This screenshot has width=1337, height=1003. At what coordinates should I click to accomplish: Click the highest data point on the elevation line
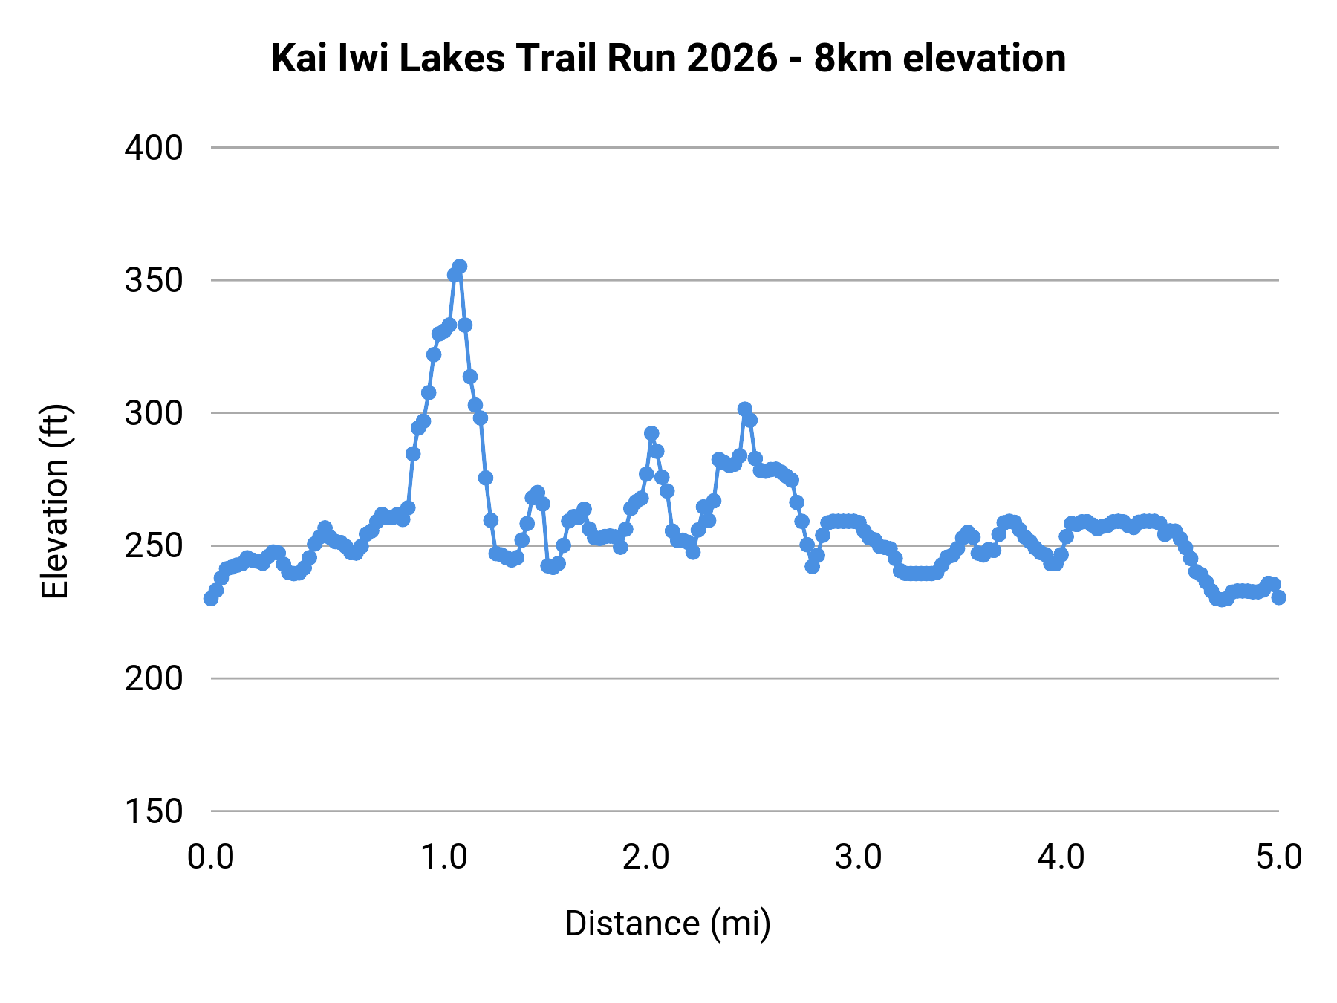click(x=460, y=266)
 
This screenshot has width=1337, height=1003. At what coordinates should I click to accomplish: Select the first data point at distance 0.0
click(x=211, y=598)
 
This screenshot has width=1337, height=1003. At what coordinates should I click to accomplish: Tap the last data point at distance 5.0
click(x=1278, y=597)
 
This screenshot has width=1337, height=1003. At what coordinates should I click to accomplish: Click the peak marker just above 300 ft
click(x=744, y=409)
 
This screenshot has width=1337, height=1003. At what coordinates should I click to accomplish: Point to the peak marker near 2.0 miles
click(x=651, y=433)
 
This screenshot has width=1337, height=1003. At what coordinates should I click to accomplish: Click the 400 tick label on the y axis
click(x=154, y=148)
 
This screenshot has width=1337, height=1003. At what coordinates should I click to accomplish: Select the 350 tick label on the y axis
click(x=154, y=281)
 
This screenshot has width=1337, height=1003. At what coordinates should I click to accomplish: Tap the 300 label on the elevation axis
click(x=154, y=413)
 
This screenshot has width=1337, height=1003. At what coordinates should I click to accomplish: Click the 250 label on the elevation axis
click(x=154, y=546)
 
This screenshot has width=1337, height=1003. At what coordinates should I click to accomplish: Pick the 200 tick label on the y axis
click(x=154, y=678)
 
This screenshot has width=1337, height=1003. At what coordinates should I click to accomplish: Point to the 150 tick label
click(x=154, y=811)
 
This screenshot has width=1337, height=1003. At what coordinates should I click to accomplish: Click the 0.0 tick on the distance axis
click(x=211, y=857)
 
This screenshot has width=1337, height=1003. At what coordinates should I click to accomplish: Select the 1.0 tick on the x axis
click(x=443, y=857)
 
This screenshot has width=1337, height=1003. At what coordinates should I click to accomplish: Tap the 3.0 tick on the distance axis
click(x=858, y=857)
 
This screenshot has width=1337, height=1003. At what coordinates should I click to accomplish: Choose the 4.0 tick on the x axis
click(x=1061, y=857)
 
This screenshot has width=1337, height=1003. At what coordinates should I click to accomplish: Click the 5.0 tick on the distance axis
click(x=1278, y=857)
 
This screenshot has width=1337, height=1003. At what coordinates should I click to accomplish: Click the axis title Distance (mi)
click(x=668, y=924)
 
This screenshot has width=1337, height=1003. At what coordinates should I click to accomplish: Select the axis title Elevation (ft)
click(x=56, y=501)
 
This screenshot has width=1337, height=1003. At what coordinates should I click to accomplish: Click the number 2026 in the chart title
click(x=732, y=58)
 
